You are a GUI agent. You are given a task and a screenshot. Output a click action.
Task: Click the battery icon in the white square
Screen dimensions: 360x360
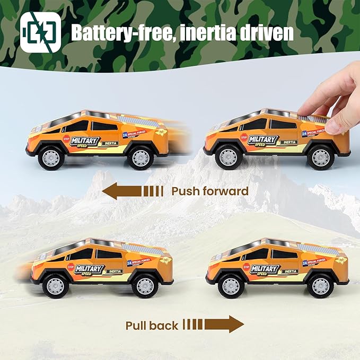(40, 32)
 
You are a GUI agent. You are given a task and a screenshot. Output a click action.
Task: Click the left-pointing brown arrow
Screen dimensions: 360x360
(133, 191)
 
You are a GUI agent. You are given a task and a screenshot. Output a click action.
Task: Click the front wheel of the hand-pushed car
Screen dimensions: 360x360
(229, 157)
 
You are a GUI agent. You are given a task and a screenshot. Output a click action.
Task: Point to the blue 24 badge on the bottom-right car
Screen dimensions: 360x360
(306, 263)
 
